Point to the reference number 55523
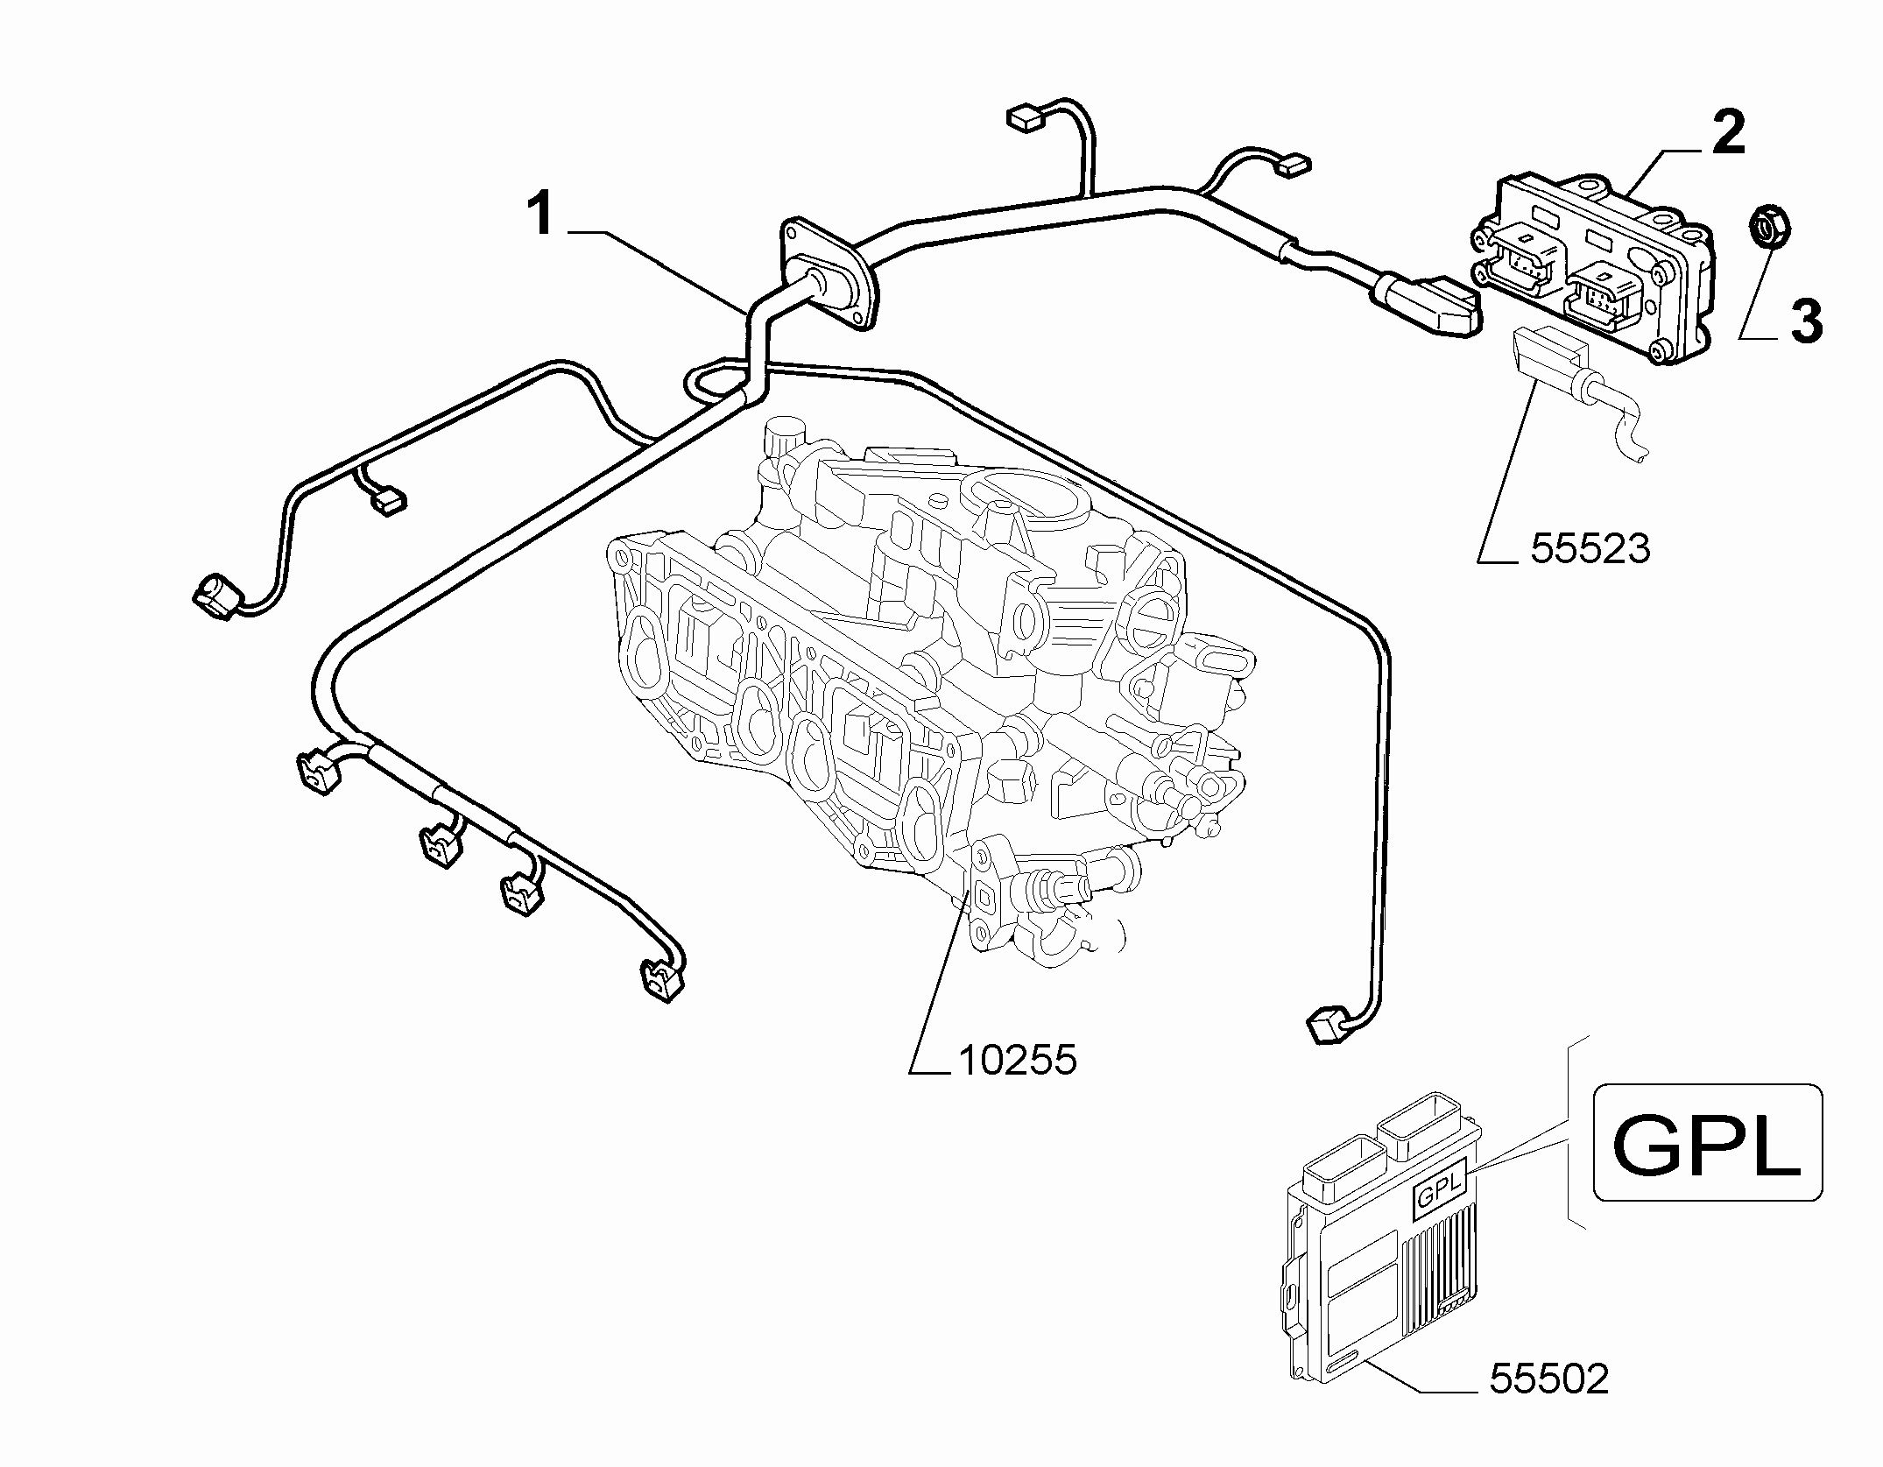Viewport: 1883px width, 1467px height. (x=1590, y=548)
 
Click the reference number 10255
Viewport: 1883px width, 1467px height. (x=1017, y=1061)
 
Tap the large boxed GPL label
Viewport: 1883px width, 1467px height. (x=1707, y=1142)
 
